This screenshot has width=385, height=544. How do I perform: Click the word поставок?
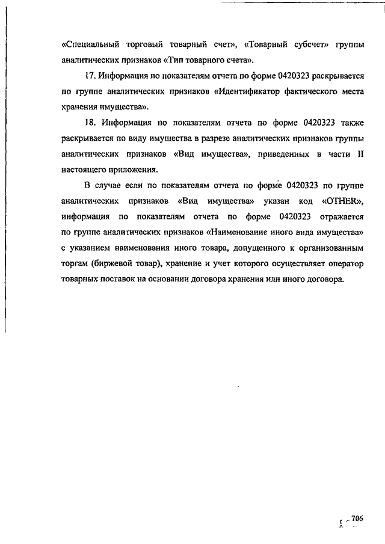(x=118, y=279)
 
